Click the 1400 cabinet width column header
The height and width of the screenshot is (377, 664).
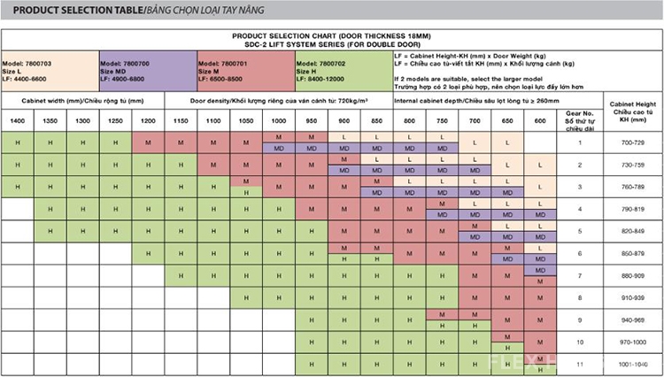(x=17, y=120)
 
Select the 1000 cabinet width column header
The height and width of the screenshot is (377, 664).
(x=279, y=120)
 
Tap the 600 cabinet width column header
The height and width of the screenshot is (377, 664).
(x=539, y=120)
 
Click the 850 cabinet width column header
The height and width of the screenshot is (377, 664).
(x=376, y=120)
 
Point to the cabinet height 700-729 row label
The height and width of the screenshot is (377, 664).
(x=633, y=142)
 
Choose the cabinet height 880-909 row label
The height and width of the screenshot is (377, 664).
(x=633, y=275)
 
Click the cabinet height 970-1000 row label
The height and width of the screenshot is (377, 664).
(x=633, y=342)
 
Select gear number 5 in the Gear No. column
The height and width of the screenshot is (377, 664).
(x=579, y=231)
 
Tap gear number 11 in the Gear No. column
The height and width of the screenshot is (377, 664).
(x=579, y=364)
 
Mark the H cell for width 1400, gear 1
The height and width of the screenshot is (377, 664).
(x=17, y=142)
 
